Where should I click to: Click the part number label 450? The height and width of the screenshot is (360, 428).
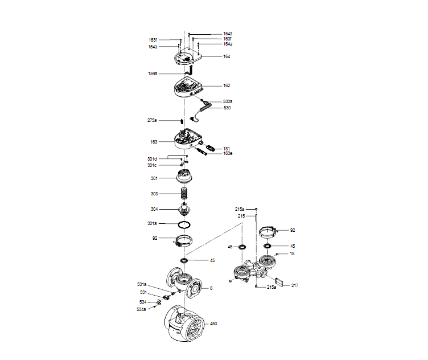213,324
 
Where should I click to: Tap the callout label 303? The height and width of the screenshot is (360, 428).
154,194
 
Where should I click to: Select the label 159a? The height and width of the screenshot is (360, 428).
153,74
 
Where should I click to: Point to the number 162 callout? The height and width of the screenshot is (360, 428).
227,86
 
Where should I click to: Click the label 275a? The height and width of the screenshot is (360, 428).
152,121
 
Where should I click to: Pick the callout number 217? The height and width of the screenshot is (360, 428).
295,285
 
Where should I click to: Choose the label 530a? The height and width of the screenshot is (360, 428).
228,101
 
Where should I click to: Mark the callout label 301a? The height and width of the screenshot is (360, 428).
153,223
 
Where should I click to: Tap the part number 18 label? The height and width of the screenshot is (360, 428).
292,253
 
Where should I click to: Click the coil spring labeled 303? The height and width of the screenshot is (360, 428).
184,193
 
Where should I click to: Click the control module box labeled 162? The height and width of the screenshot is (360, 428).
188,88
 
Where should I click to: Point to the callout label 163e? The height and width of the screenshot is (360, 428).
228,154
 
